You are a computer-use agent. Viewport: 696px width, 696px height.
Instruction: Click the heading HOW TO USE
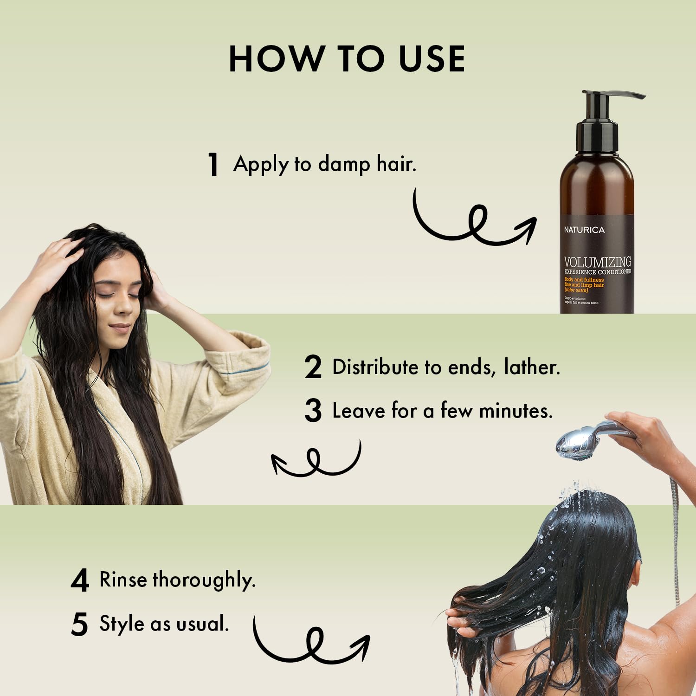(x=347, y=59)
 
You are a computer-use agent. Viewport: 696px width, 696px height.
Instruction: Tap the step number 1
(x=213, y=164)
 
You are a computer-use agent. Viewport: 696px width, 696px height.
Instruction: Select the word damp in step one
(x=344, y=164)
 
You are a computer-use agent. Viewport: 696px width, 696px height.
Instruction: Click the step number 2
(x=313, y=367)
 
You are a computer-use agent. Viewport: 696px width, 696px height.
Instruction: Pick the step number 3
(x=313, y=411)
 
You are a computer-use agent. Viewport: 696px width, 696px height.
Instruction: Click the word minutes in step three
(x=516, y=411)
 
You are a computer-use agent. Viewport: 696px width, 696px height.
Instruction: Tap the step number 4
(x=80, y=580)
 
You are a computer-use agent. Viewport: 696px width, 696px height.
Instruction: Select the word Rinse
(x=123, y=580)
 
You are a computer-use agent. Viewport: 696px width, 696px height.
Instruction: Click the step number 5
(x=79, y=624)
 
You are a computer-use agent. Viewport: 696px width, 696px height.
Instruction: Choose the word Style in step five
(x=122, y=624)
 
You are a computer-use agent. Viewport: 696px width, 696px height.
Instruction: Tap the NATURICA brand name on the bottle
(x=584, y=230)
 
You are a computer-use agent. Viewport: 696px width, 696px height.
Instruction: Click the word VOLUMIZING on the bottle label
(x=597, y=262)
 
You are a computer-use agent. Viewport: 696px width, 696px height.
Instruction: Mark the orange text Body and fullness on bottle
(x=584, y=280)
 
